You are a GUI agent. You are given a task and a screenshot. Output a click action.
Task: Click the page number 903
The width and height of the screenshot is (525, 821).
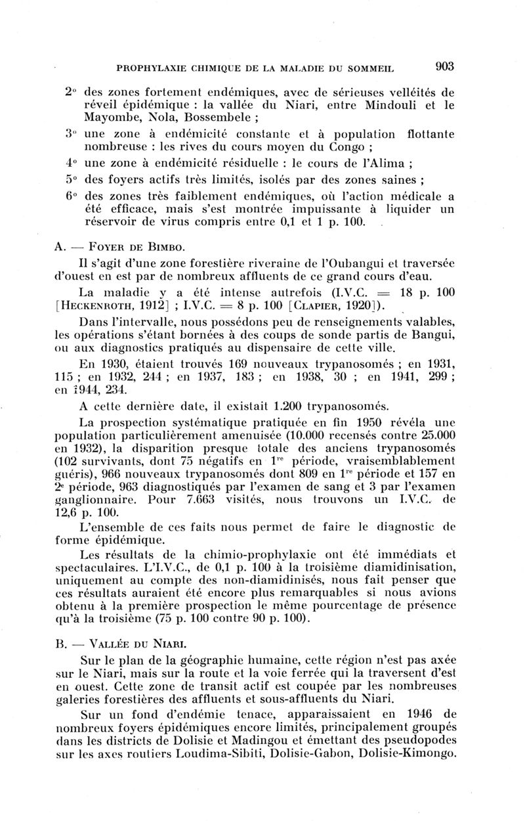(444, 66)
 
